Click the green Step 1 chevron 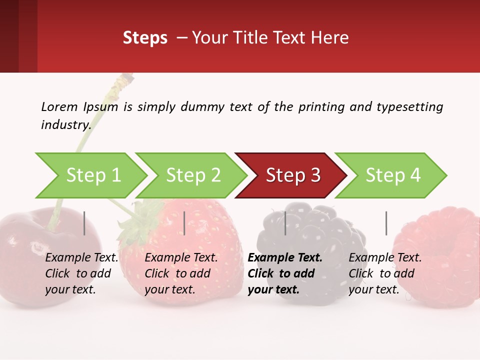coord(92,175)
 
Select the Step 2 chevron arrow coord(192,175)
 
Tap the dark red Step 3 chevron coord(292,175)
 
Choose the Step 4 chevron coord(392,175)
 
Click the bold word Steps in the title coord(145,38)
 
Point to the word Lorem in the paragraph coord(59,107)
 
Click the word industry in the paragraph coord(65,125)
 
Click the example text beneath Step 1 coord(81,273)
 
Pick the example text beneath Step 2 coord(181,273)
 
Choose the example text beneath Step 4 coord(385,273)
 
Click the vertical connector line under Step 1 coord(84,223)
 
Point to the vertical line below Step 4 coord(386,223)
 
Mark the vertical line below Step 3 coord(285,223)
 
